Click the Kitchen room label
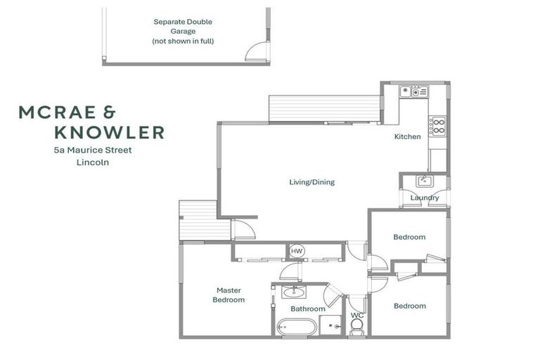tap(407, 136)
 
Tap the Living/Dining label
tap(311, 182)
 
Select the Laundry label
tap(425, 198)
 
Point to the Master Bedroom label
tap(229, 295)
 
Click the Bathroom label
tap(308, 309)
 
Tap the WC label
tap(357, 315)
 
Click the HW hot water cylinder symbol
tap(296, 251)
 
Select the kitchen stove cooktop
tap(438, 126)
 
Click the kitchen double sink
tap(415, 91)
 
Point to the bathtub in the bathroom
tap(296, 326)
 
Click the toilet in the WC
tap(356, 326)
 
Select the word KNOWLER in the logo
tap(109, 131)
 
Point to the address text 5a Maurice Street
tap(103, 150)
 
